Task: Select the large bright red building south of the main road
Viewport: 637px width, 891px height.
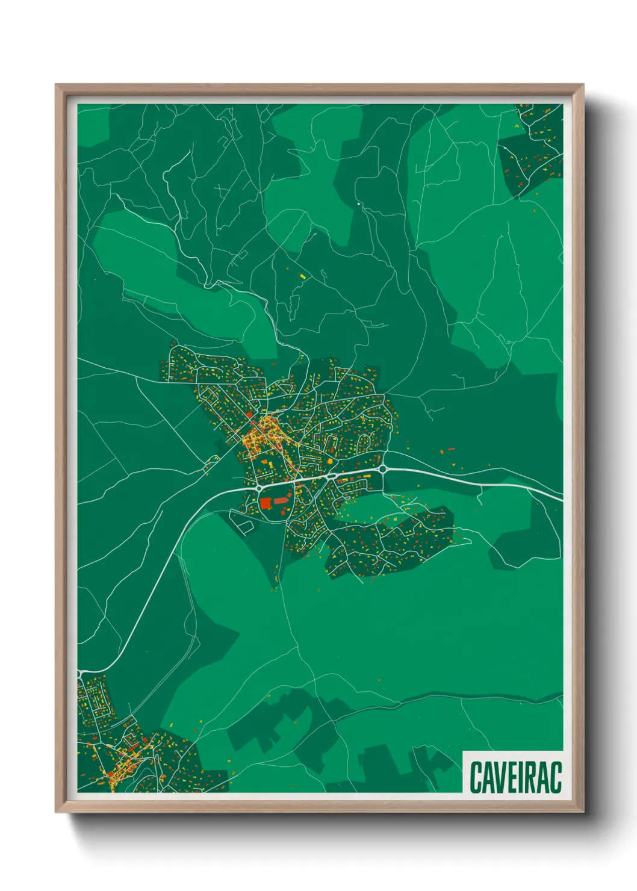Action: coord(266,503)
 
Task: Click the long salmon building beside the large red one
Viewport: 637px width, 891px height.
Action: coord(282,500)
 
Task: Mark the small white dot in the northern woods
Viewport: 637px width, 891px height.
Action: coord(359,204)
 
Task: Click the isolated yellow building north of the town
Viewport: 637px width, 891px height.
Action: coord(303,276)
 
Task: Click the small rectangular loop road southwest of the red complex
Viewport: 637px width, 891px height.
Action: coord(244,526)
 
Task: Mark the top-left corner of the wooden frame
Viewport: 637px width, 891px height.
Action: coord(56,85)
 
